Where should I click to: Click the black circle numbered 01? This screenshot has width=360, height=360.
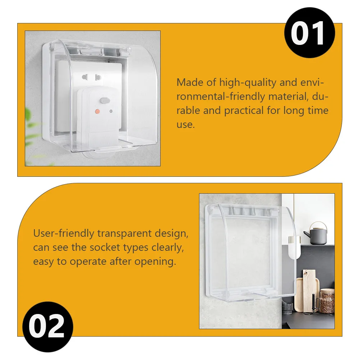pyautogui.click(x=309, y=33)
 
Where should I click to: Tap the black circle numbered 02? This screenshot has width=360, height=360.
pyautogui.click(x=48, y=327)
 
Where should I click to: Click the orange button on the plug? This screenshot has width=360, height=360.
pyautogui.click(x=97, y=112)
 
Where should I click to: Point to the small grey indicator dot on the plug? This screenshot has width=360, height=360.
pyautogui.click(x=111, y=111)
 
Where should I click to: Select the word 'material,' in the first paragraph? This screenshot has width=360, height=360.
pyautogui.click(x=288, y=96)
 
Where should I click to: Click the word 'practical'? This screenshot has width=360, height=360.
pyautogui.click(x=244, y=111)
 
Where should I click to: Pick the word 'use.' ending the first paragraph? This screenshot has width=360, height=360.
pyautogui.click(x=185, y=125)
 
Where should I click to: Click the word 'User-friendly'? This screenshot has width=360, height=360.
pyautogui.click(x=64, y=233)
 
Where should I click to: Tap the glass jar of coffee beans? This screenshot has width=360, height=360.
pyautogui.click(x=327, y=301)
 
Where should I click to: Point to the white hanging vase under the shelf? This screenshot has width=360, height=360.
pyautogui.click(x=294, y=247)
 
